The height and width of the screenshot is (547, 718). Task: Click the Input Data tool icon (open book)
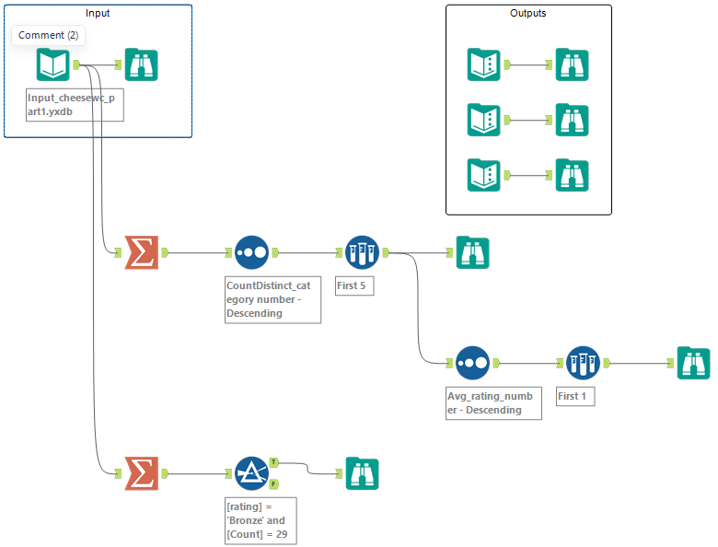53,64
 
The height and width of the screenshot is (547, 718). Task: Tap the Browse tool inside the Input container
141,64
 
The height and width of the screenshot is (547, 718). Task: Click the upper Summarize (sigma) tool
142,252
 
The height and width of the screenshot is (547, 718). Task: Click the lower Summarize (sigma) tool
142,473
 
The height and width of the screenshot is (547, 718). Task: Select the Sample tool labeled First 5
362,252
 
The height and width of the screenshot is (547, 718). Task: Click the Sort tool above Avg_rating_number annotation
472,363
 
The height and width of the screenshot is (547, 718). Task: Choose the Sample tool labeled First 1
583,363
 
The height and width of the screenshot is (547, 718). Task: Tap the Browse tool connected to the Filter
362,473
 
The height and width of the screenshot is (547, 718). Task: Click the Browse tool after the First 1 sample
693,363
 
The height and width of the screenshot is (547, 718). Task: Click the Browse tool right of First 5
472,252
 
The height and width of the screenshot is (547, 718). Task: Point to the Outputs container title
528,14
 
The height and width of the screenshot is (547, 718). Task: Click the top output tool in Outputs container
484,64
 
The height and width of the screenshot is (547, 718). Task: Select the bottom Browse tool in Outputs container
572,175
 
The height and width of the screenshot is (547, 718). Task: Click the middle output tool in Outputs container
484,120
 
